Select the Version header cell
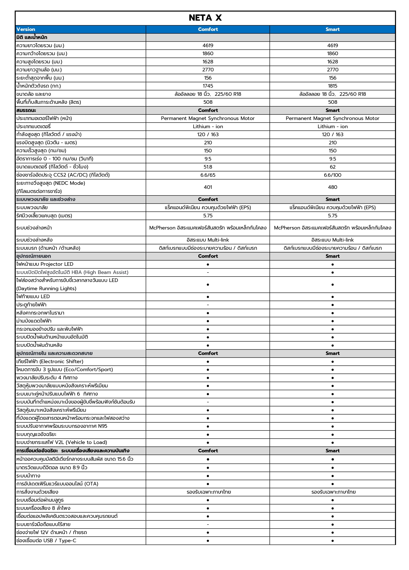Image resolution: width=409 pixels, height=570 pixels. click(26, 29)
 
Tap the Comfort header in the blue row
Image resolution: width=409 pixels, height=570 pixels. click(208, 29)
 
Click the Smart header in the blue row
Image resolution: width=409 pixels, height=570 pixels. click(332, 29)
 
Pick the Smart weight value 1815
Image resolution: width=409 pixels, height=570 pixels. click(332, 86)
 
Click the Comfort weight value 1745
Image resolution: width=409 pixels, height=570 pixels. click(208, 86)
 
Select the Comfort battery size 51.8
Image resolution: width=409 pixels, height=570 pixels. click(208, 167)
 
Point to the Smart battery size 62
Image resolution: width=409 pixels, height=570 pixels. click(332, 167)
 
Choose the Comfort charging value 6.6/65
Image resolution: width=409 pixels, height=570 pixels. click(208, 175)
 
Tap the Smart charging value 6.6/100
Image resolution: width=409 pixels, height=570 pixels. click(332, 175)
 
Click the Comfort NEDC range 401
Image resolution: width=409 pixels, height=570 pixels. click(208, 187)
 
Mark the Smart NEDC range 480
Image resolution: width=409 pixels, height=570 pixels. click(332, 187)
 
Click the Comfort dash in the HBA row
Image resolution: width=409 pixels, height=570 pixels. click(208, 272)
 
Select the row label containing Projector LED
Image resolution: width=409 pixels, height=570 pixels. click(45, 264)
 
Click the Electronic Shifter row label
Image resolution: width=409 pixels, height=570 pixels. click(50, 362)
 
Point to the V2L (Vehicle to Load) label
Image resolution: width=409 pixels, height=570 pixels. click(62, 443)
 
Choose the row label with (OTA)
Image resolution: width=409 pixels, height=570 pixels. click(57, 484)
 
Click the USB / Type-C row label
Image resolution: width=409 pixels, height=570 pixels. click(46, 541)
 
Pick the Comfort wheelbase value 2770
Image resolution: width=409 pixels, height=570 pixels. click(208, 70)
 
